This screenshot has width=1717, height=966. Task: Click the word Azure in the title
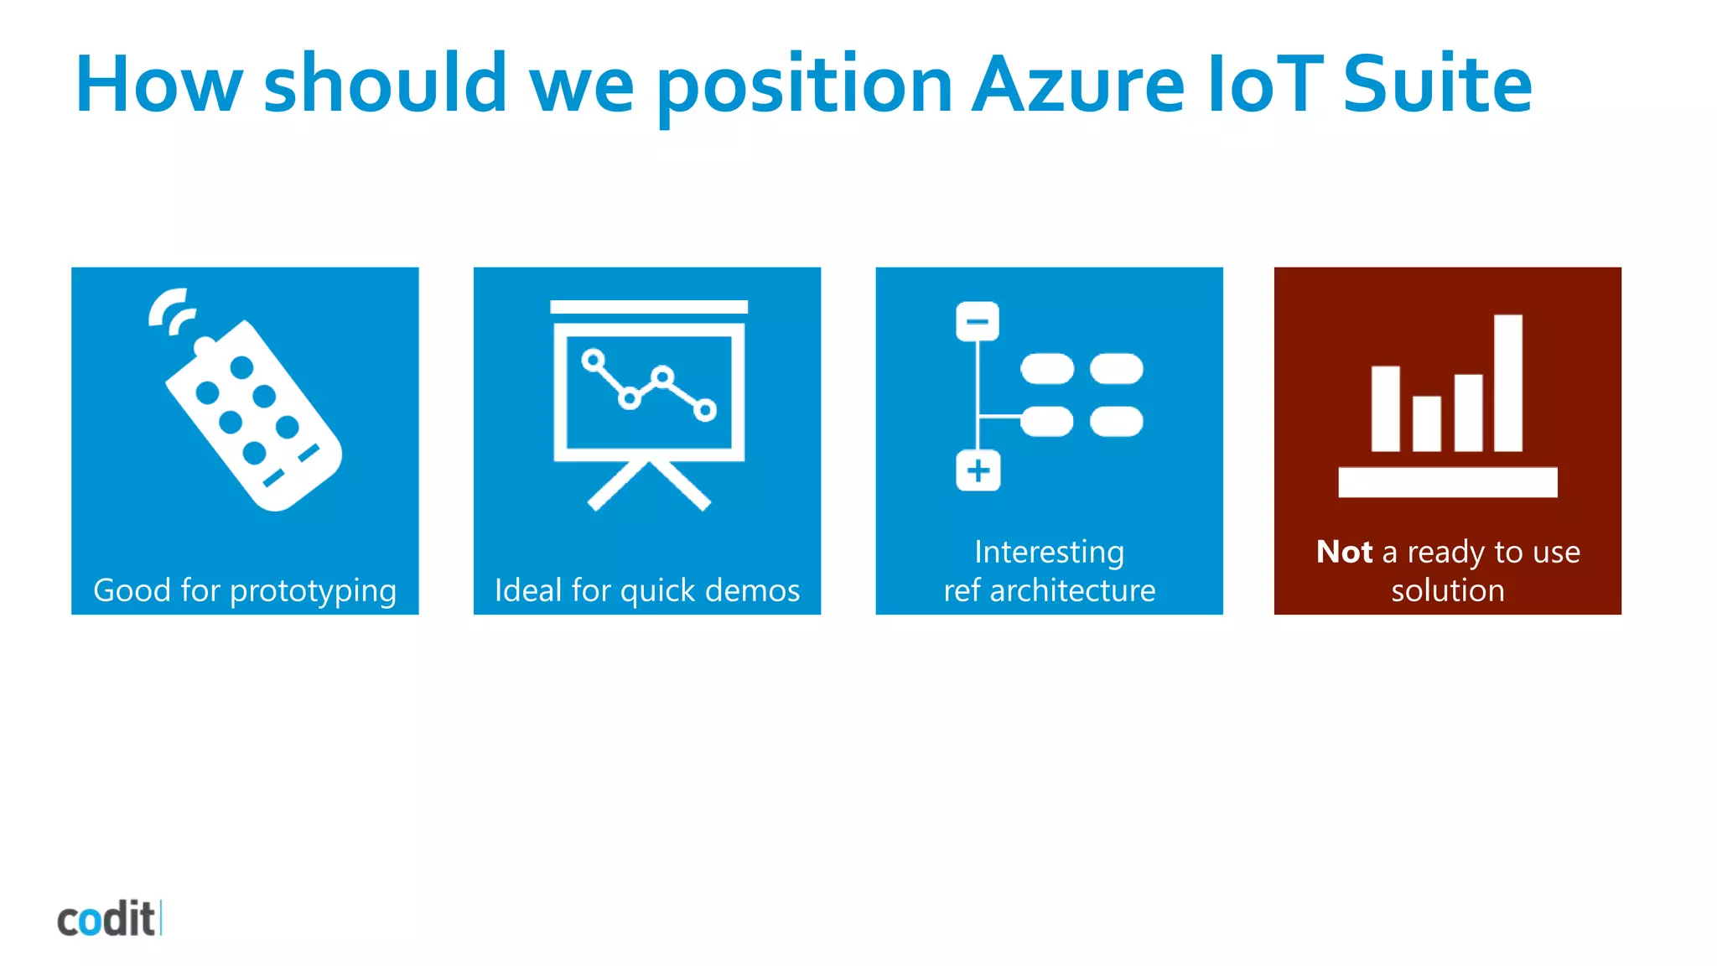click(1078, 84)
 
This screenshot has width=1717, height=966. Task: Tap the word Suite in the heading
click(1437, 84)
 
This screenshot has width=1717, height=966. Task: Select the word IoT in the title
click(1265, 84)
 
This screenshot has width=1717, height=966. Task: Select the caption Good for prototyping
click(245, 590)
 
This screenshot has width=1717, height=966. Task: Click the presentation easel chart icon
click(649, 402)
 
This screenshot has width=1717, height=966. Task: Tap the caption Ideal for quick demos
click(647, 590)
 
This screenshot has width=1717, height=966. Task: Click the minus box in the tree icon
click(978, 321)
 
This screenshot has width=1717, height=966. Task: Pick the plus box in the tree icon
click(978, 470)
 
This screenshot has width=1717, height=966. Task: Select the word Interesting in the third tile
click(1049, 552)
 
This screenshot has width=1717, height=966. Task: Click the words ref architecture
click(1049, 590)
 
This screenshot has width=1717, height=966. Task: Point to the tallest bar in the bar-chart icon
click(1508, 382)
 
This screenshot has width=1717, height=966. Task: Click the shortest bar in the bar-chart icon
click(1426, 423)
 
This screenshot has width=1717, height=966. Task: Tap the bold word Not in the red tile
click(1344, 552)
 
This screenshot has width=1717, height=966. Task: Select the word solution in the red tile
click(1448, 590)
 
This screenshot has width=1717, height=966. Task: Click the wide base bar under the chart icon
click(1448, 482)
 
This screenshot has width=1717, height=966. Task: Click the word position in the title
click(804, 86)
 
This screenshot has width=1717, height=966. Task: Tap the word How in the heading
click(158, 84)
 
